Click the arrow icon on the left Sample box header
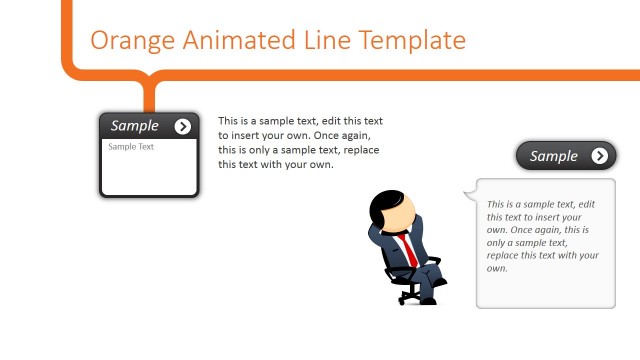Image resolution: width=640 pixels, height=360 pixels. [182, 126]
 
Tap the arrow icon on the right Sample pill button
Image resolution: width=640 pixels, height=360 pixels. [599, 155]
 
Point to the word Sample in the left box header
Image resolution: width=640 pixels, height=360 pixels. [135, 126]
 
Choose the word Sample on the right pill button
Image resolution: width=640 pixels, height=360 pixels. [554, 156]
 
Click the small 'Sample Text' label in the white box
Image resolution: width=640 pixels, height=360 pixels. [131, 147]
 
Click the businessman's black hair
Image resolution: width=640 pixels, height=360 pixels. [383, 204]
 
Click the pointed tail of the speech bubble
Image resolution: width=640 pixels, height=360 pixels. [468, 194]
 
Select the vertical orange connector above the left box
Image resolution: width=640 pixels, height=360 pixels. [150, 96]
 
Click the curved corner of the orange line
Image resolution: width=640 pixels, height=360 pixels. [72, 67]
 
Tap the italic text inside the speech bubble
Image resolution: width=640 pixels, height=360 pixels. [543, 236]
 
